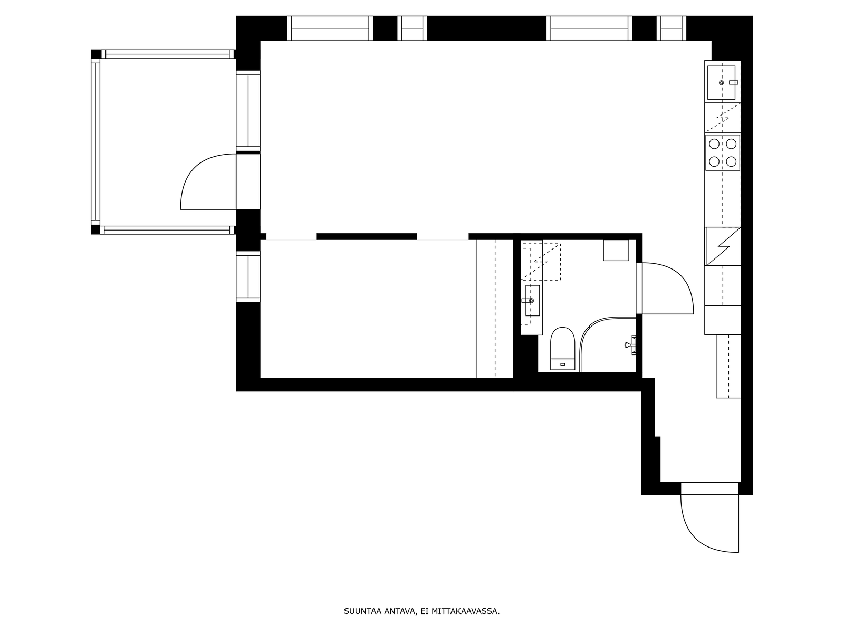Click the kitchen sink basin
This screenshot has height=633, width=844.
[721, 83]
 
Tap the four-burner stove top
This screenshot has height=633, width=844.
[723, 152]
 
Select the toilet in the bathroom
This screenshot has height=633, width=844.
[562, 349]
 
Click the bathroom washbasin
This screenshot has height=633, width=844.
[533, 301]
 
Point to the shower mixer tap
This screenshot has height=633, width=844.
[630, 345]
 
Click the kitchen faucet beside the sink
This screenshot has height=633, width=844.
[734, 82]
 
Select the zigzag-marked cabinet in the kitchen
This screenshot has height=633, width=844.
[723, 246]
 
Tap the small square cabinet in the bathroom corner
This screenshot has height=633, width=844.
[616, 250]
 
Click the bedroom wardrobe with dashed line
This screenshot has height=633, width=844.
[495, 309]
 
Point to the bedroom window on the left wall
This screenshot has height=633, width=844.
[248, 277]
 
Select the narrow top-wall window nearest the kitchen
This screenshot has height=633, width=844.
[671, 28]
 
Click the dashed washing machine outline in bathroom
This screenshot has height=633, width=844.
[541, 262]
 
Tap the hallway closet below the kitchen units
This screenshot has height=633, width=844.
[728, 366]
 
